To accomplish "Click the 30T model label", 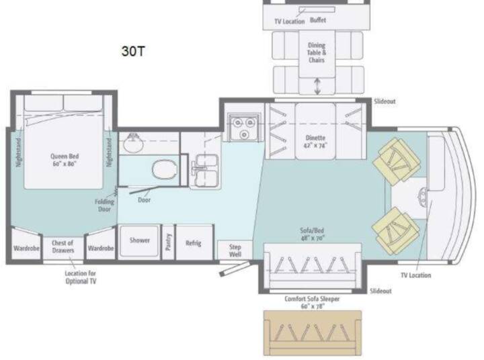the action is click(133, 51).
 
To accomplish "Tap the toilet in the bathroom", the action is click(165, 169).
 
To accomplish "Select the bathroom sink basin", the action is click(133, 143).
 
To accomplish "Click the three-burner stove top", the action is click(243, 127).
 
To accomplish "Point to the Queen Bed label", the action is click(65, 160).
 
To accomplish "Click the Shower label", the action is click(140, 240).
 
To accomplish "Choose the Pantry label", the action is click(168, 242).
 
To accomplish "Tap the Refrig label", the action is click(194, 243).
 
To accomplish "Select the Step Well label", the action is click(235, 251).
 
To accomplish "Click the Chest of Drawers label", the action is click(63, 246).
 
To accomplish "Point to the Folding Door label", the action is click(104, 206).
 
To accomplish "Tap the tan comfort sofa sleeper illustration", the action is click(313, 333).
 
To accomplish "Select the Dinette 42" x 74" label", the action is click(315, 142).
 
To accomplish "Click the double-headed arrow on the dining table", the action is click(317, 87).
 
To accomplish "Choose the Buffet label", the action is click(318, 20).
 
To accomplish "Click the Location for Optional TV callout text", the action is click(81, 277).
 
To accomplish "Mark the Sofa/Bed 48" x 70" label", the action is click(312, 234).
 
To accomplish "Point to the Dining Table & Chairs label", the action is click(317, 52).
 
